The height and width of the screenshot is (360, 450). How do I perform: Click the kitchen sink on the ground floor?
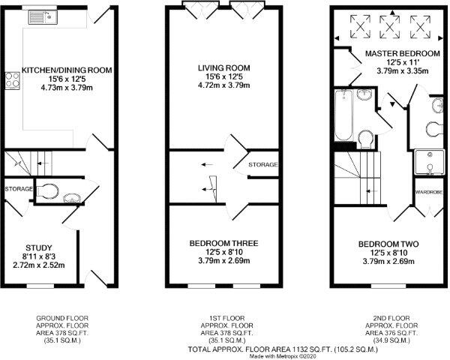pos(43,17)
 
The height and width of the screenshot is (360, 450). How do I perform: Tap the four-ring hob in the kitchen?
pos(12,80)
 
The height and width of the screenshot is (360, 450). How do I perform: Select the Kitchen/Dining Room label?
pos(67,70)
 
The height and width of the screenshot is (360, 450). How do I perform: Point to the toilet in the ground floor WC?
pos(47,190)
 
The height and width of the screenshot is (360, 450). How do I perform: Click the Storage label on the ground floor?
pos(19,189)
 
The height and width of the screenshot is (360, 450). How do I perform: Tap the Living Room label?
pos(224,68)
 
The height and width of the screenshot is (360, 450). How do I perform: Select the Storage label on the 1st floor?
pos(263,165)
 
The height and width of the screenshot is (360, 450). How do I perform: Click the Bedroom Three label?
pos(223,244)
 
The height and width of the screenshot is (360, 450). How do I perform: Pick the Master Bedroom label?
pos(402,54)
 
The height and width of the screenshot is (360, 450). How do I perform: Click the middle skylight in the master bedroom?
pos(390,27)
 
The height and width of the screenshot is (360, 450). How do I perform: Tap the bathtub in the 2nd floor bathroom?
pos(344,115)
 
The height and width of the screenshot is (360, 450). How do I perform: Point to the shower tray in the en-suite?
pos(430,162)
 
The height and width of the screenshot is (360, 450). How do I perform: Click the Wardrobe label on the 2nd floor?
pos(429,192)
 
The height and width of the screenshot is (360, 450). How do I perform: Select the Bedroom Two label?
pos(388,244)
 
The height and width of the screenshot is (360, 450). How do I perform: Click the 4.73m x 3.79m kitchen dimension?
pos(67,87)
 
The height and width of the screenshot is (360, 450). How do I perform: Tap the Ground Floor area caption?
pos(62,329)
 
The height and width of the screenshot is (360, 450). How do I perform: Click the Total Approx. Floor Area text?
pos(283,349)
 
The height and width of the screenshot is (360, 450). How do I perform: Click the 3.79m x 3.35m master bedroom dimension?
pos(403,70)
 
